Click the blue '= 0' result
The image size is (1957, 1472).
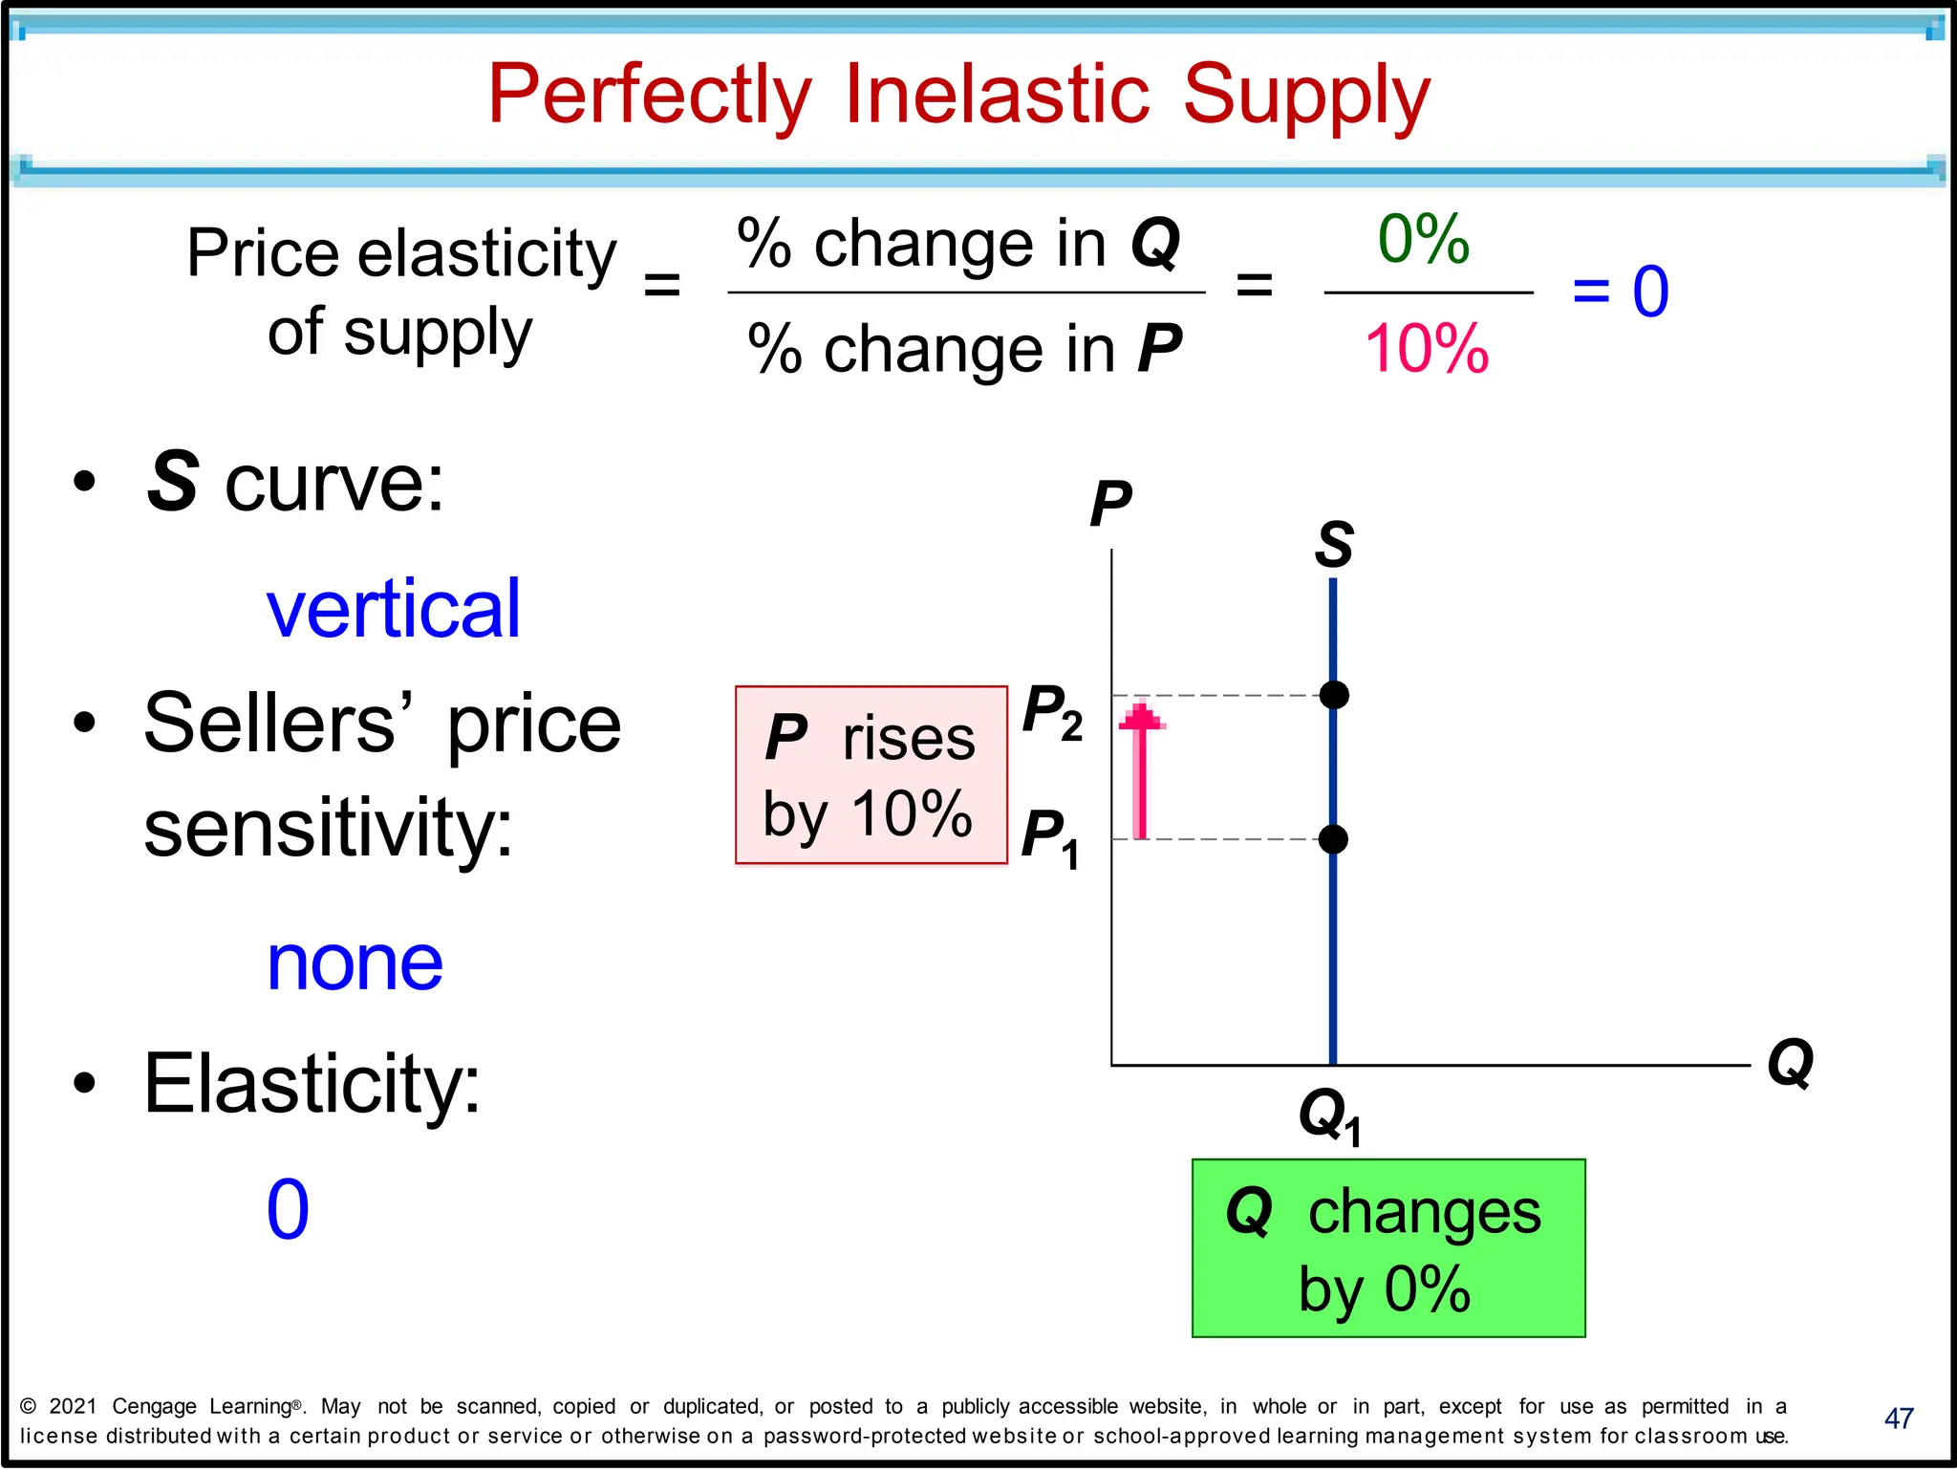[1621, 291]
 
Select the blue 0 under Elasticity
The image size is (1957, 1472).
[288, 1209]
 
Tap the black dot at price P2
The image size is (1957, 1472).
[1334, 695]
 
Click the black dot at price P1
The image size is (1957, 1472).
[1333, 839]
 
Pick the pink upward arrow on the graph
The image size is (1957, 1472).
[1141, 769]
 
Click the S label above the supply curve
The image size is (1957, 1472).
[1334, 545]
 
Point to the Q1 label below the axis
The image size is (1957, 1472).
[1329, 1115]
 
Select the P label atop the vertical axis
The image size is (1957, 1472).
[1110, 504]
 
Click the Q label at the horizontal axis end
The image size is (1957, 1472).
[1790, 1063]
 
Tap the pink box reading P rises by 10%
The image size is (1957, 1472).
[871, 775]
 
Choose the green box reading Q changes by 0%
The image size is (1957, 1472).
[1387, 1247]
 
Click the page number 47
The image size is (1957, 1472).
[1898, 1418]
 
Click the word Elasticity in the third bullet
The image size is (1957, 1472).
[312, 1084]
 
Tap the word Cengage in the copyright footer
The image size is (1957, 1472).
[154, 1406]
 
